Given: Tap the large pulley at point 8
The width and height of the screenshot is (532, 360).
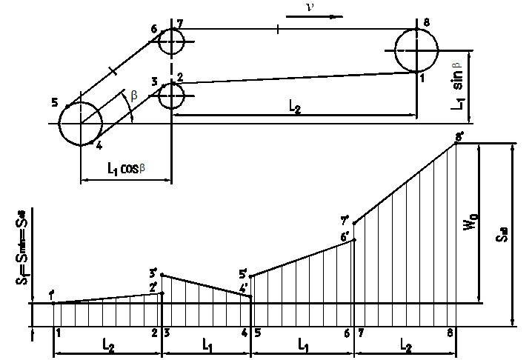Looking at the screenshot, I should (416, 50).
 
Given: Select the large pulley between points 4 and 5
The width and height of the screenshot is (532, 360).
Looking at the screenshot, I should (80, 124).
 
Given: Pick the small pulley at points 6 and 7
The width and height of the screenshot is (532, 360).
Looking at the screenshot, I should (171, 41).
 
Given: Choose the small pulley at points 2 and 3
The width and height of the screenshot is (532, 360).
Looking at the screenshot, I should (171, 95).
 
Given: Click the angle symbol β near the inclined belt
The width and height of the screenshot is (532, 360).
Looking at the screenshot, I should (133, 96).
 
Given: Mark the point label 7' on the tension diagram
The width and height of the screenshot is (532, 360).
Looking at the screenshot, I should (345, 220).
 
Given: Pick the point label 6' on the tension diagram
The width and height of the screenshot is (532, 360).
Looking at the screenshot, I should (345, 236).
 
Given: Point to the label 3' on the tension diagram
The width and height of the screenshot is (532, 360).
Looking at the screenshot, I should (153, 272).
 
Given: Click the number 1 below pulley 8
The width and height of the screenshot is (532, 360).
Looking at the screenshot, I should (422, 79).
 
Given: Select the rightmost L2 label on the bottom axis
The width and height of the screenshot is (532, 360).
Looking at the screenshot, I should (405, 346).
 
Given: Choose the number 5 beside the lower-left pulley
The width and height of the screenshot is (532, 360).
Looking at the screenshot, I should (55, 102).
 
